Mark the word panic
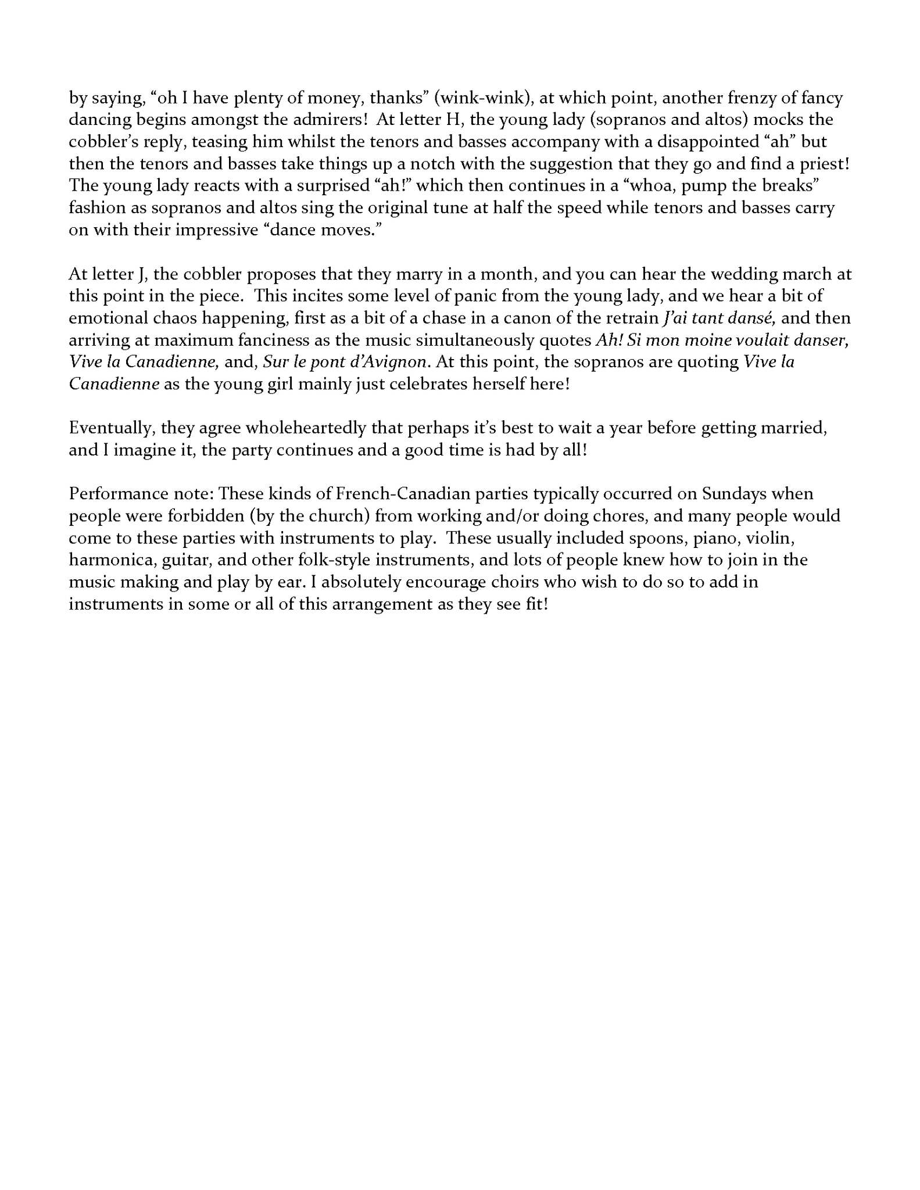pos(474,296)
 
